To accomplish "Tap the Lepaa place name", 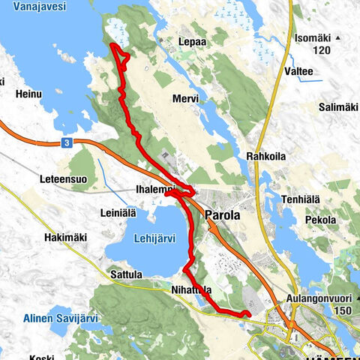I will (193, 43).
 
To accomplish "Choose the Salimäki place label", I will (337, 107).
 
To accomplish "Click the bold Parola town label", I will (222, 215).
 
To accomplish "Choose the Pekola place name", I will (320, 220).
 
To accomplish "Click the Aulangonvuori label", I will (320, 298).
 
